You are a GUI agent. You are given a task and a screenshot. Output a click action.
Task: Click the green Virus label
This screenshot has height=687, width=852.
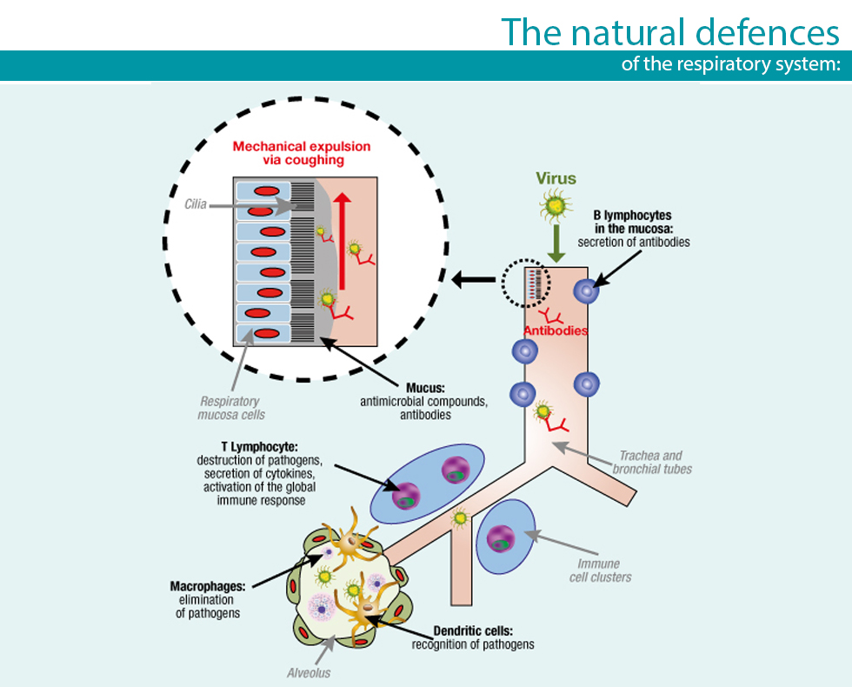tap(556, 178)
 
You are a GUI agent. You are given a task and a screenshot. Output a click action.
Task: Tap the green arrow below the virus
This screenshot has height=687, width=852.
tap(556, 243)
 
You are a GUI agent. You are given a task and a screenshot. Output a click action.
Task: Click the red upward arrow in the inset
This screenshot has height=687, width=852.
tap(343, 241)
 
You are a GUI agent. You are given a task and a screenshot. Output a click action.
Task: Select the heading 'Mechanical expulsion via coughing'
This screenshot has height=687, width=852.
tap(302, 153)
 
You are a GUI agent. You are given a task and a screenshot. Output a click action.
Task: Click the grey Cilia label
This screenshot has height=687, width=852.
tap(196, 204)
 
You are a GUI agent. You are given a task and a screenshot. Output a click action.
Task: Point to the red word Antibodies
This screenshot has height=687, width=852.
tap(556, 330)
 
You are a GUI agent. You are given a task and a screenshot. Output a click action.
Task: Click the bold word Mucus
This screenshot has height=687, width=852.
tap(425, 388)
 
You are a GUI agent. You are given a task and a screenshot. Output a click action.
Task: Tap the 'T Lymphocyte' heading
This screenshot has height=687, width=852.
tap(260, 447)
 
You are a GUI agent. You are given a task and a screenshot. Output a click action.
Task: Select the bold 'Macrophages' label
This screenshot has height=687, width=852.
tap(208, 586)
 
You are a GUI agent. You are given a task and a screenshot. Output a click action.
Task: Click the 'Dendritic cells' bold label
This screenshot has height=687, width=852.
tap(473, 631)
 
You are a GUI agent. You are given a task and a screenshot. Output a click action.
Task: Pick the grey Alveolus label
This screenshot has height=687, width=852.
tap(309, 673)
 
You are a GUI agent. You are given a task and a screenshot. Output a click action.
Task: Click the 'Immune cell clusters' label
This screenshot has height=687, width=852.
tap(601, 570)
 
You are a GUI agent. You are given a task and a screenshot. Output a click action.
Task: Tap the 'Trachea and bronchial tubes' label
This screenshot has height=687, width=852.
tap(652, 462)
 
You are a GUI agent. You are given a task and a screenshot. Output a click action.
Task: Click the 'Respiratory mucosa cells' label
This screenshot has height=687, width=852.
tap(231, 408)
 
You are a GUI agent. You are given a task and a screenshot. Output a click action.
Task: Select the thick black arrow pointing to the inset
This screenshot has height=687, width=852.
tap(473, 280)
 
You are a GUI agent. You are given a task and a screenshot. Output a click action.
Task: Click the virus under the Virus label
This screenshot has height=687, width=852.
tap(556, 206)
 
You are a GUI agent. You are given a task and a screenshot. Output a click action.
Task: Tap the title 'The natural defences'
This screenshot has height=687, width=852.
tap(670, 32)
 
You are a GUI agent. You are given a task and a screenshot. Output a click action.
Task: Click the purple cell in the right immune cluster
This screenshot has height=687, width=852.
tap(501, 538)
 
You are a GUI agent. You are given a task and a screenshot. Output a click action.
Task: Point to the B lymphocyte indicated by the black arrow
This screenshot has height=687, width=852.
tap(586, 290)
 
